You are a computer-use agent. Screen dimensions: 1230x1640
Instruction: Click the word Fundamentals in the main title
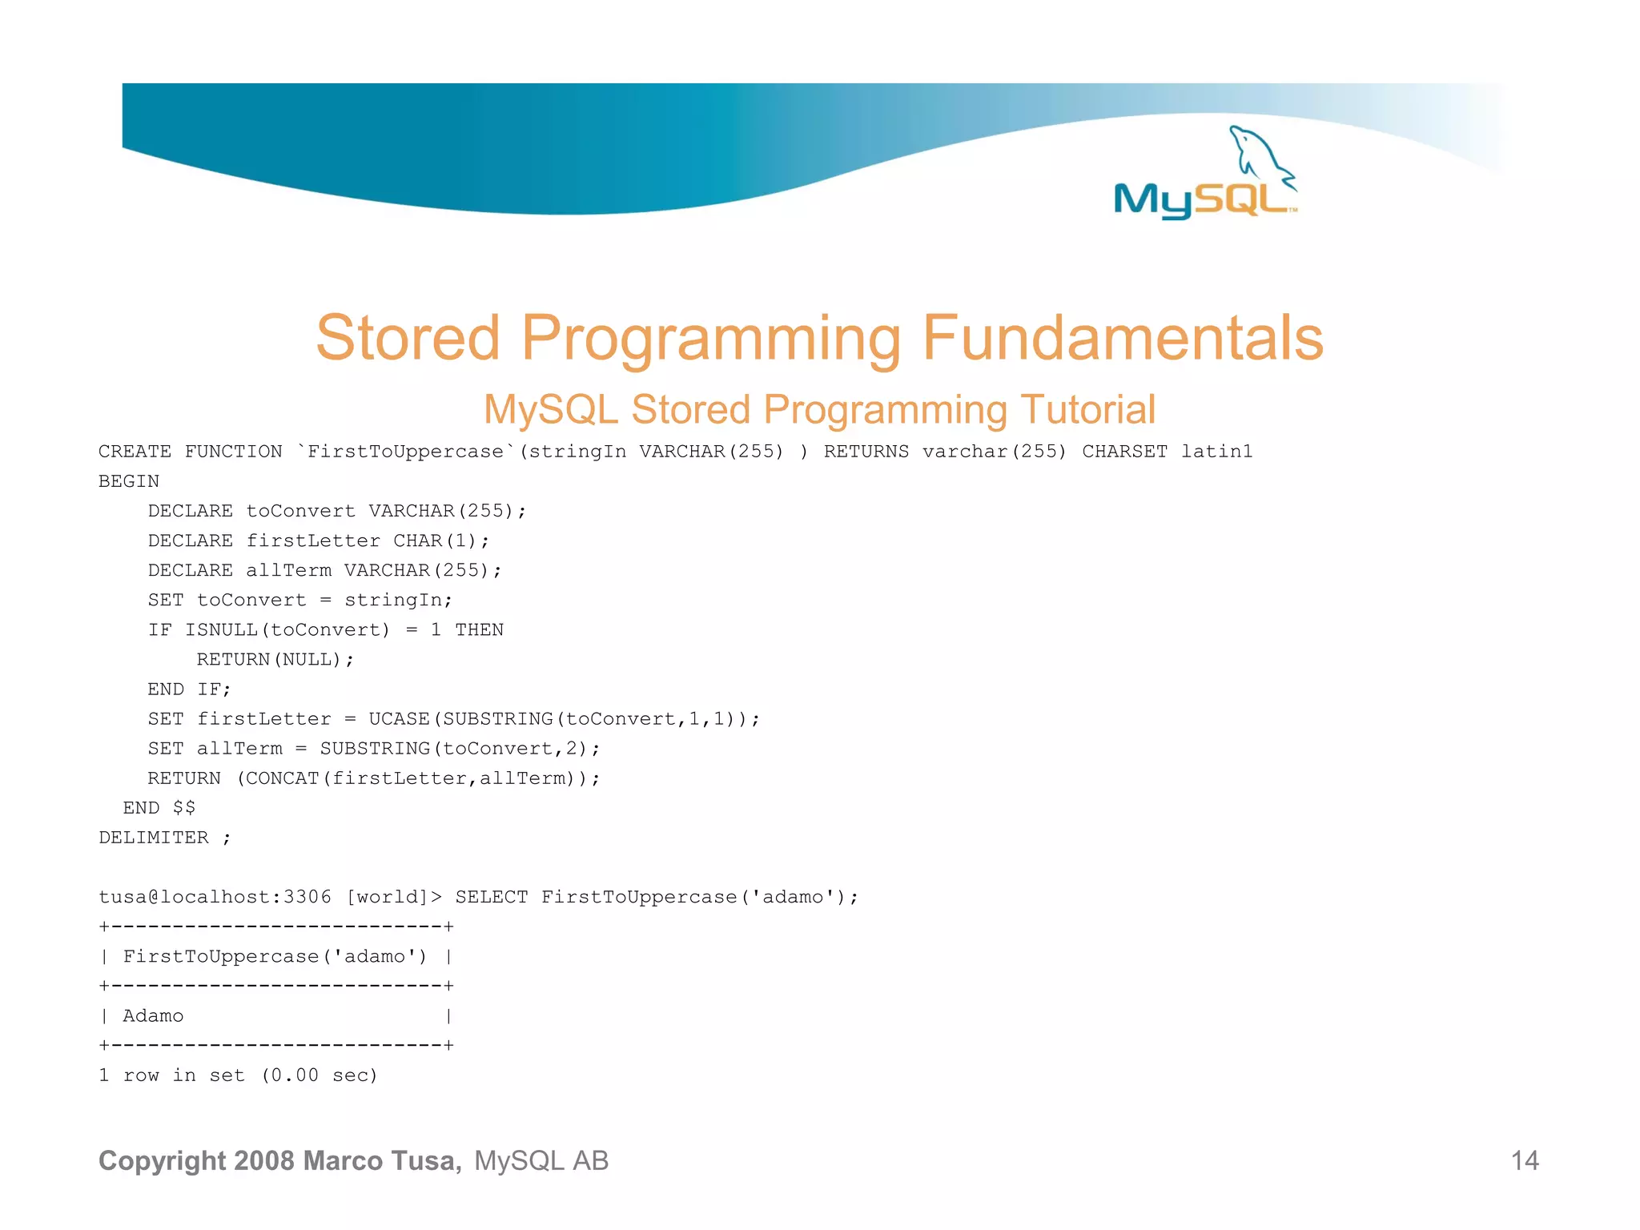pos(1123,338)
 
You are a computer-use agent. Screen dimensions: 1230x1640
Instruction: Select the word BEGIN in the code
pos(129,481)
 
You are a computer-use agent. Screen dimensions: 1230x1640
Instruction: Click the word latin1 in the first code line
pos(1216,452)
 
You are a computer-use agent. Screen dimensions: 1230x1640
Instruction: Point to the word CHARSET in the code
pos(1124,452)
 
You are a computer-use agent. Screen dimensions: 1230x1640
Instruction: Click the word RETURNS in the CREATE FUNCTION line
pos(866,452)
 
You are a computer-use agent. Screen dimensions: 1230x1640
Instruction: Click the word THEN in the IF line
pos(479,630)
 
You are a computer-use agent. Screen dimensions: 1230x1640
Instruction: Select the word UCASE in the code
pos(399,719)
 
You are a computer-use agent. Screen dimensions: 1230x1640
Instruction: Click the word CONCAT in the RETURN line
pos(283,778)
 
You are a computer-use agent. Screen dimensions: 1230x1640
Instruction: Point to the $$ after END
pos(184,808)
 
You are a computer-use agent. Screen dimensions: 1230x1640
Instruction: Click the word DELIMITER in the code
pos(154,838)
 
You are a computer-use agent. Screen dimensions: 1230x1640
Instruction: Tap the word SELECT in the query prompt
pos(492,897)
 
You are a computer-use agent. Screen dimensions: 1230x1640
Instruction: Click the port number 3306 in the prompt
pos(307,897)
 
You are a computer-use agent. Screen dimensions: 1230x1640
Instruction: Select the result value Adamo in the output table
pos(153,1016)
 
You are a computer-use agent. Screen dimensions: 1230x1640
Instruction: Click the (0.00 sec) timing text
pos(320,1075)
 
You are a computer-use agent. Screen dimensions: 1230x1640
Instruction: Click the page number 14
pos(1524,1160)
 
